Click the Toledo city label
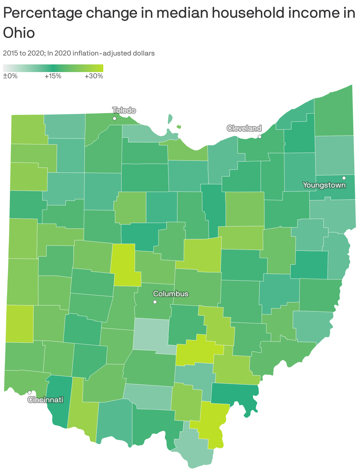(124, 110)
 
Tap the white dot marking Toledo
(114, 118)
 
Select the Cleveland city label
(244, 128)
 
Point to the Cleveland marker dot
(260, 136)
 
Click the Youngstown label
(324, 185)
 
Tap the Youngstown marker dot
(344, 178)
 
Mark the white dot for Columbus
(155, 302)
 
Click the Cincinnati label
(45, 400)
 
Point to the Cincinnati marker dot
(30, 392)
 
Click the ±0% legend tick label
(10, 76)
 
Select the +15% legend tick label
(53, 76)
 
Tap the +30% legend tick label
(94, 76)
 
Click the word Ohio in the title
(19, 33)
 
